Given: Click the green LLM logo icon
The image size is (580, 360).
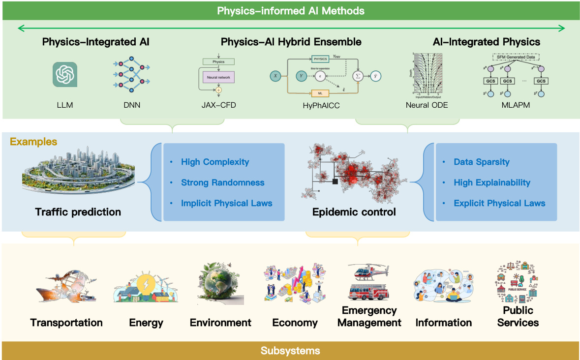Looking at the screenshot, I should click(x=65, y=74).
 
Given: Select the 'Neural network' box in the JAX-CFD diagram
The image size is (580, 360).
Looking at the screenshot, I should click(x=218, y=78).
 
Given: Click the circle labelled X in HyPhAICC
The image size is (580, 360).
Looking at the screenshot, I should click(x=275, y=76).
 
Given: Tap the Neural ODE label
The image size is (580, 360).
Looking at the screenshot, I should click(x=427, y=105).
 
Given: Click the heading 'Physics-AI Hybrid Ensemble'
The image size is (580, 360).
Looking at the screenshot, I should click(x=291, y=42).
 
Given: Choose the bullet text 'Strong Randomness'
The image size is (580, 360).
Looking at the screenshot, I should click(x=222, y=182).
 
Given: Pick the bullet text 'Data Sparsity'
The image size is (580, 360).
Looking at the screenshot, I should click(x=481, y=162).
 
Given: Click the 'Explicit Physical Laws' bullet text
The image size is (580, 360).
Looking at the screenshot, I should click(x=499, y=203).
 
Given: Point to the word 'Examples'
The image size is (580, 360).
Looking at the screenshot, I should click(x=33, y=142).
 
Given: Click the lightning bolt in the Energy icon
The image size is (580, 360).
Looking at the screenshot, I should click(x=146, y=284).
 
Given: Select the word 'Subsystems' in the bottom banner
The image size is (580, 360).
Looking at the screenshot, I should click(x=290, y=351).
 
